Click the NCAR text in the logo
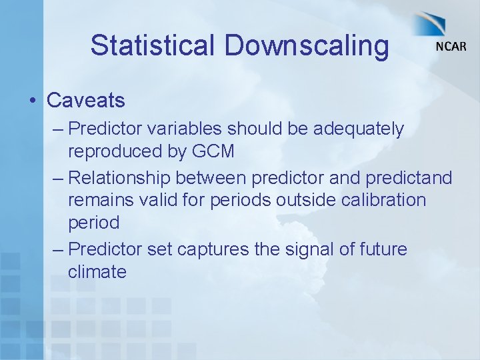pos(451,47)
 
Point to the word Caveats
pos(86,101)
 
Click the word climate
pos(97,272)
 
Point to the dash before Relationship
pos(57,178)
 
